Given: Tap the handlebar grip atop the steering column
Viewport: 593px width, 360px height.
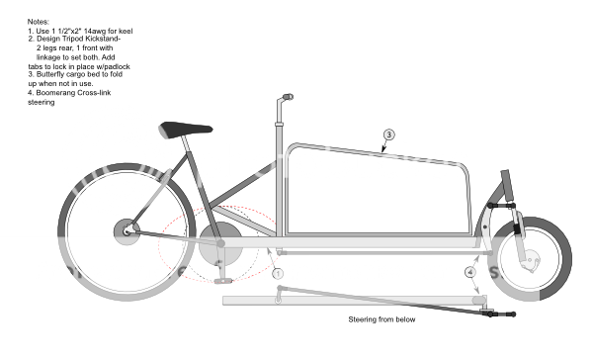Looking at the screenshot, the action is coord(287,99).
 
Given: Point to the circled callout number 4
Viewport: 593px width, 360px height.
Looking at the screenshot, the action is coord(469,270).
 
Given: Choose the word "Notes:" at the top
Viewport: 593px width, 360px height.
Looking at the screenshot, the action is coord(40,23).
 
